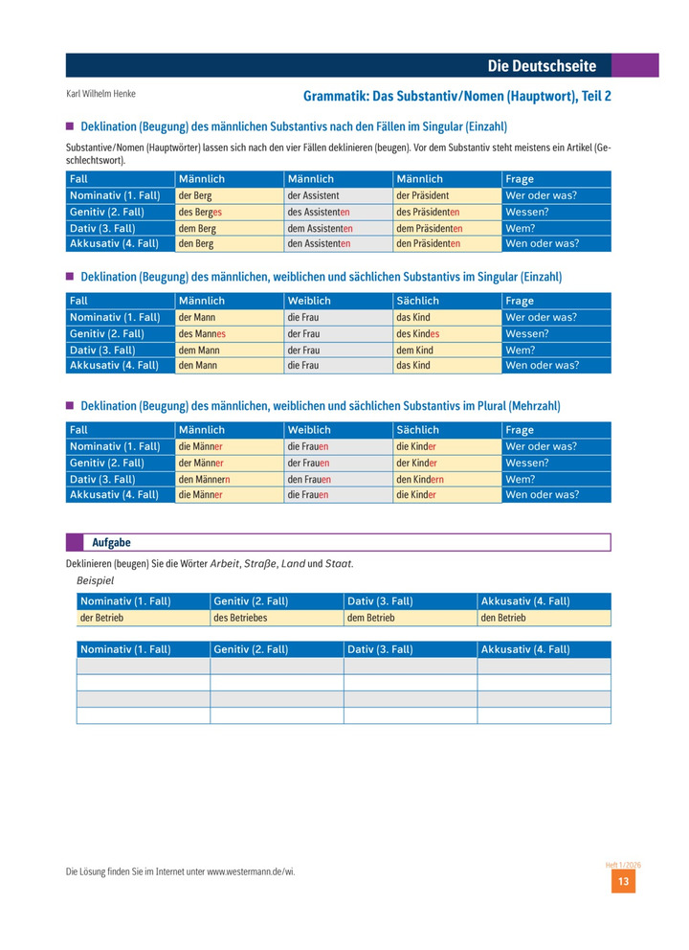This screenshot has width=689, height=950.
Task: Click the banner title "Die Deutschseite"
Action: pos(542,66)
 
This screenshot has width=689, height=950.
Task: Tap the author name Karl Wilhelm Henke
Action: pos(101,94)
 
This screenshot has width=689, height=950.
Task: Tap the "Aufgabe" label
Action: pos(111,543)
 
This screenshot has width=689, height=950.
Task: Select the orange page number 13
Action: pos(623,882)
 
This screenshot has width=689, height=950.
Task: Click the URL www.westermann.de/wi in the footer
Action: pos(257,872)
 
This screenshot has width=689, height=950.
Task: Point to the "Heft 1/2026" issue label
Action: pos(623,864)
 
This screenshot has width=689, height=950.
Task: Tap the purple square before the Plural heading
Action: pos(70,405)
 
